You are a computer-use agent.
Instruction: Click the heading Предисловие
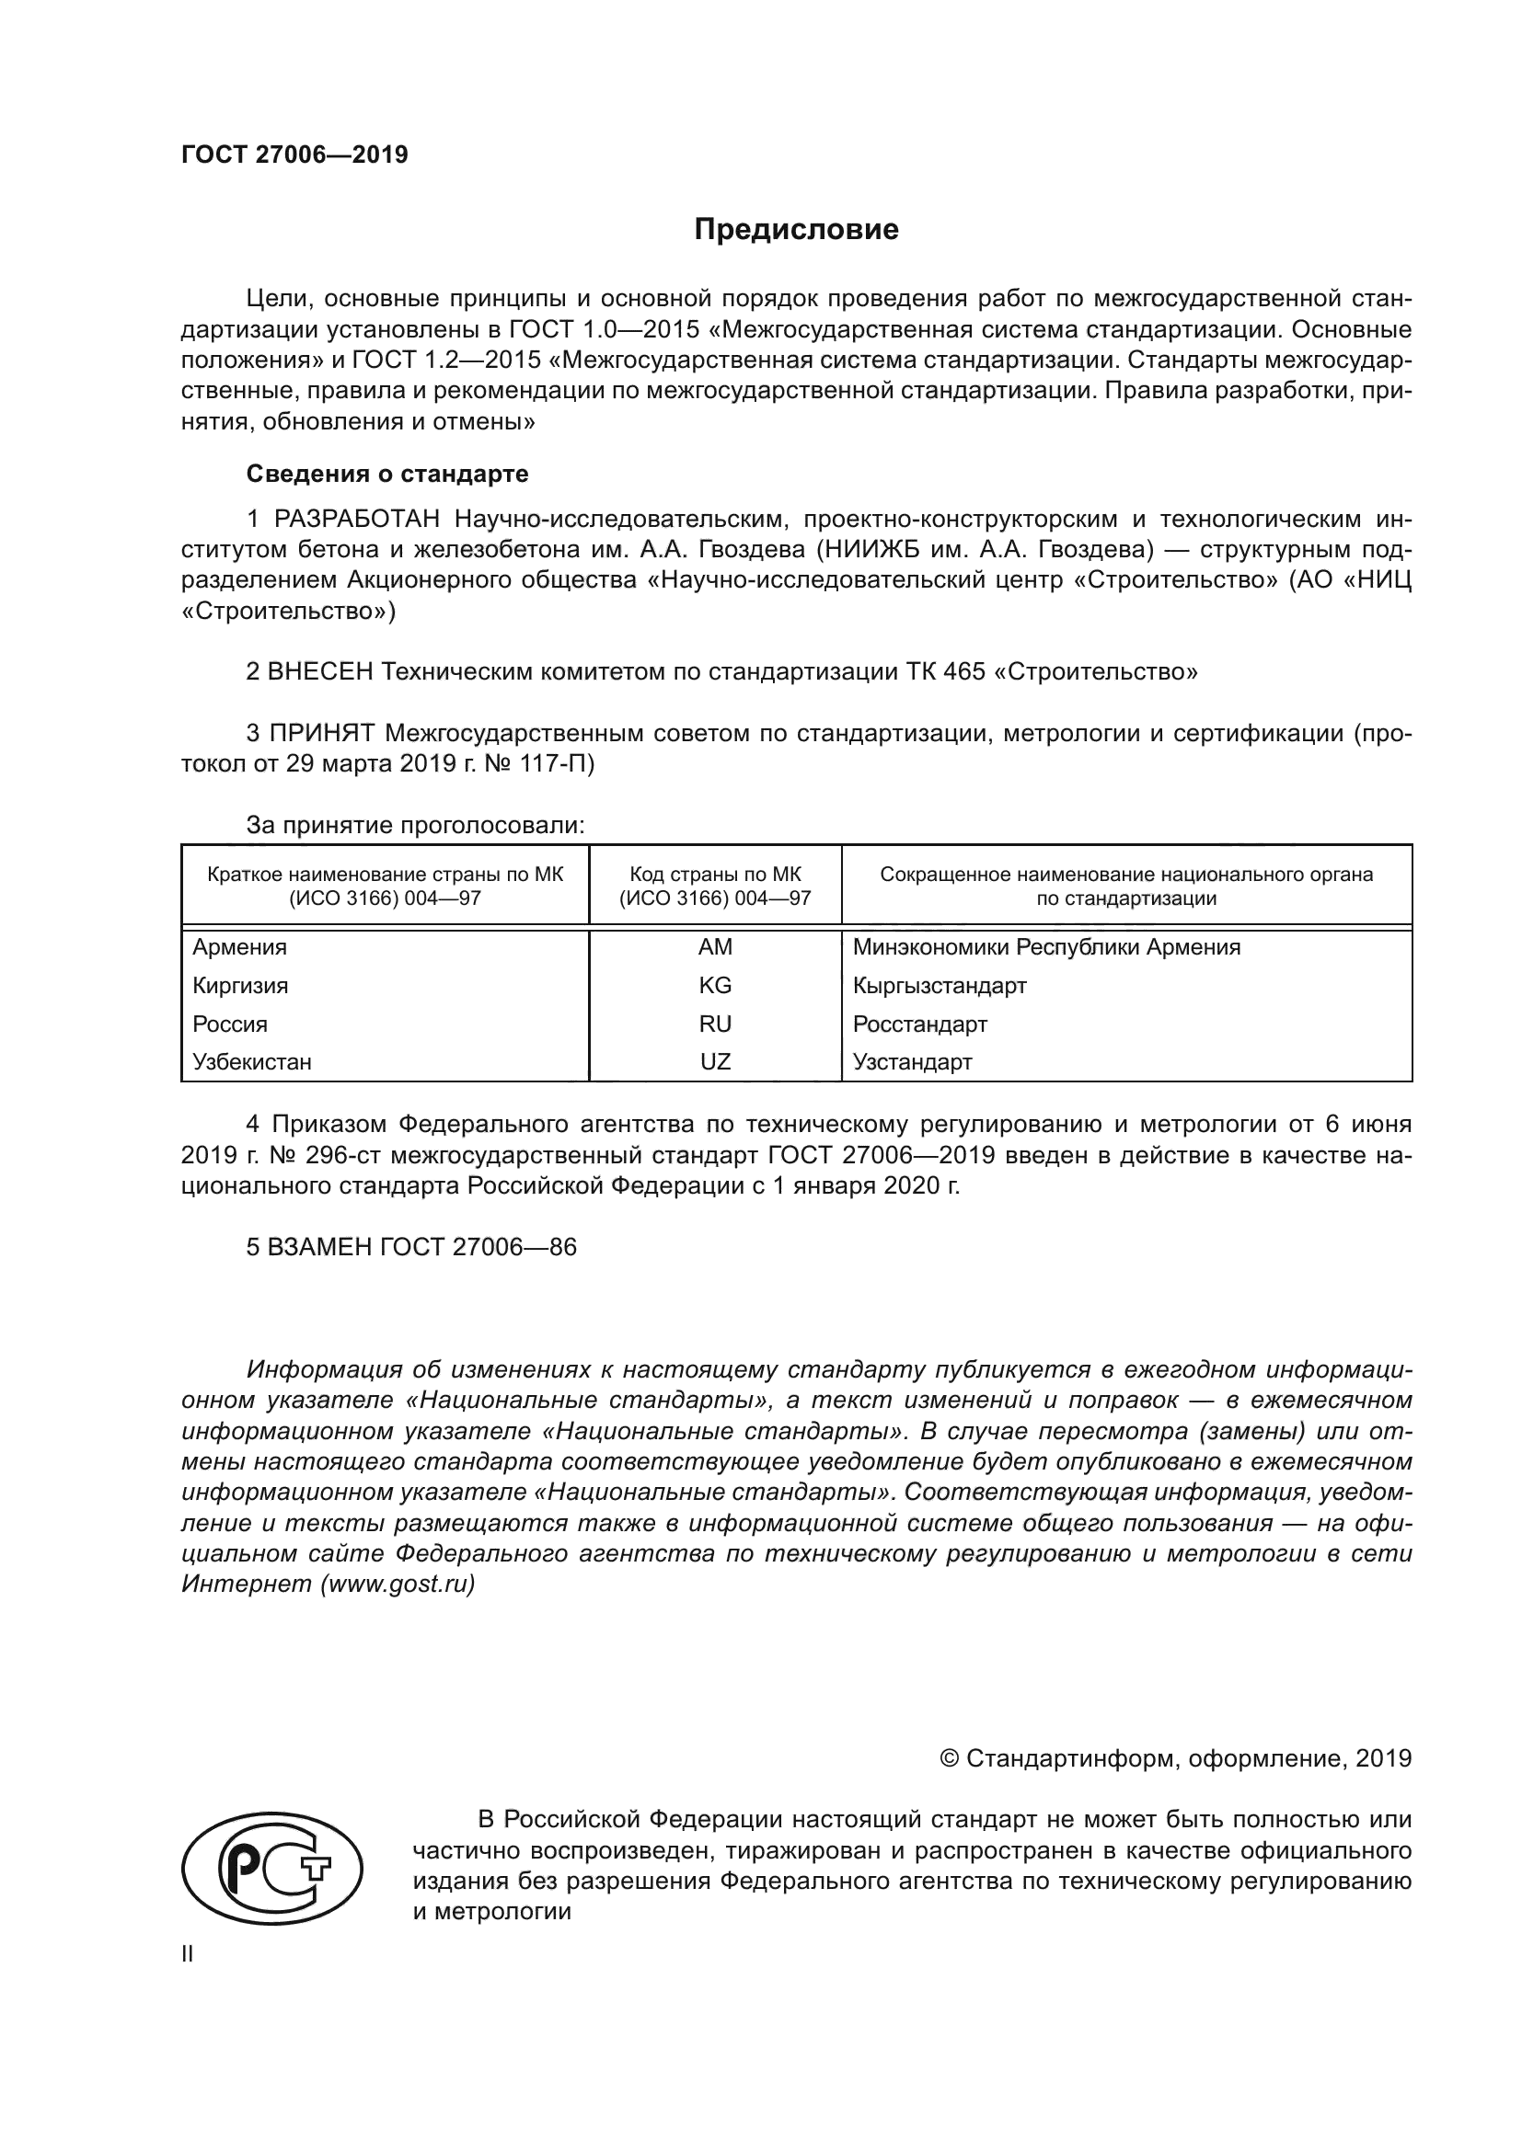(x=796, y=230)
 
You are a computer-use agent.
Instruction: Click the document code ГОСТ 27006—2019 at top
(x=294, y=154)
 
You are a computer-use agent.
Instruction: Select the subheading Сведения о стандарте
(x=387, y=474)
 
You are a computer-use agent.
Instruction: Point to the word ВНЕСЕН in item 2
(x=320, y=671)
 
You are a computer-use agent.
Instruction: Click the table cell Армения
(x=240, y=947)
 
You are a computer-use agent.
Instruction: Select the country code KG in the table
(x=715, y=986)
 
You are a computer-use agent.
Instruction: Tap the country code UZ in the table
(x=715, y=1062)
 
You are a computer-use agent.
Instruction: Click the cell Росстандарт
(x=919, y=1024)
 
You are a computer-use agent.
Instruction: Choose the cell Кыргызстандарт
(x=940, y=986)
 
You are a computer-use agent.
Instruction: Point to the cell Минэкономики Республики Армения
(x=1046, y=947)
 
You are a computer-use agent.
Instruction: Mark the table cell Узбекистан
(x=252, y=1062)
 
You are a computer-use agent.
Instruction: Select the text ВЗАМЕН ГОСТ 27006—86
(x=411, y=1247)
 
